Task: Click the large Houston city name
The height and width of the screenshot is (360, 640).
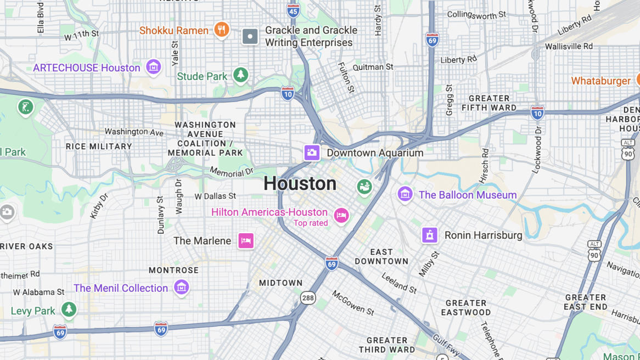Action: pyautogui.click(x=300, y=183)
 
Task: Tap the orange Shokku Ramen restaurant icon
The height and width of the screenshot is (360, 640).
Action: pyautogui.click(x=221, y=30)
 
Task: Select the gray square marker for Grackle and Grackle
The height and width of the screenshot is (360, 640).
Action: pyautogui.click(x=250, y=36)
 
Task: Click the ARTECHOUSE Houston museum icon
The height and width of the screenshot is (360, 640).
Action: pyautogui.click(x=154, y=67)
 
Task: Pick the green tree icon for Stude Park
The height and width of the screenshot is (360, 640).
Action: pyautogui.click(x=240, y=75)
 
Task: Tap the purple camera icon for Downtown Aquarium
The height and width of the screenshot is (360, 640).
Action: pyautogui.click(x=312, y=153)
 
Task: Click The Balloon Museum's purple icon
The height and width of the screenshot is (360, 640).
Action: pyautogui.click(x=405, y=194)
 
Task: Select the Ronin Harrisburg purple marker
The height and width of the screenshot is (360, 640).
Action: pyautogui.click(x=429, y=235)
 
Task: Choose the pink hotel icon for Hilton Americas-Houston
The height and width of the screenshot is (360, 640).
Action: pyautogui.click(x=341, y=215)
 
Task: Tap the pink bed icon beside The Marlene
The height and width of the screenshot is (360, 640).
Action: pyautogui.click(x=246, y=240)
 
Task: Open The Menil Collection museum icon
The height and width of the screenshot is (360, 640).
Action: pyautogui.click(x=181, y=286)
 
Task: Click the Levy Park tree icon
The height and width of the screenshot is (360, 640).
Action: pyautogui.click(x=69, y=310)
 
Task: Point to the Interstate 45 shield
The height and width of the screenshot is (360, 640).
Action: pyautogui.click(x=293, y=10)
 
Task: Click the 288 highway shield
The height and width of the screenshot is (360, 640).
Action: pyautogui.click(x=308, y=298)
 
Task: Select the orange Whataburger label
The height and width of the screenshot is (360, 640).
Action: pyautogui.click(x=600, y=81)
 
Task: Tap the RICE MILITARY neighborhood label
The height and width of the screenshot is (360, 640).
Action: pyautogui.click(x=99, y=147)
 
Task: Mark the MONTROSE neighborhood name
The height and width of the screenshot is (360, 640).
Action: pyautogui.click(x=173, y=270)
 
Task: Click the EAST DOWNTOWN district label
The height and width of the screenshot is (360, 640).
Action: pyautogui.click(x=381, y=257)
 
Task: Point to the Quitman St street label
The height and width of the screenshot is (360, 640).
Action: pyautogui.click(x=373, y=67)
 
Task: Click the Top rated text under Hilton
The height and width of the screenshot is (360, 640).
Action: pyautogui.click(x=311, y=223)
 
